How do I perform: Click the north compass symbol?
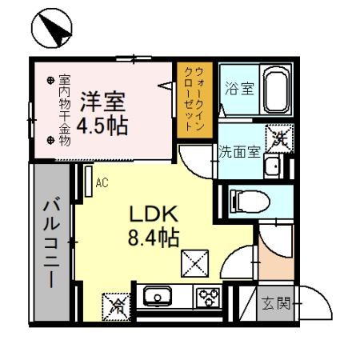[52, 28]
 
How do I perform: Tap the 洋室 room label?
[102, 102]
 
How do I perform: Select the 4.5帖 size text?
[102, 126]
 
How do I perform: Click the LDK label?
[154, 214]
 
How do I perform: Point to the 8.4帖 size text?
[154, 238]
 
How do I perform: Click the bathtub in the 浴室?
[277, 90]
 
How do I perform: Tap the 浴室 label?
[239, 88]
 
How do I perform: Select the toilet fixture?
[250, 202]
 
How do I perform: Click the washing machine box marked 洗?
[279, 138]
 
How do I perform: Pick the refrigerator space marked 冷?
[116, 306]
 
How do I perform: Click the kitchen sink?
[158, 296]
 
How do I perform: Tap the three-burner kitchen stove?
[208, 297]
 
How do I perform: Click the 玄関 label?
[276, 303]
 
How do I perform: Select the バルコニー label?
[51, 242]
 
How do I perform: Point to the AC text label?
[102, 183]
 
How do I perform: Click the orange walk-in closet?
[194, 100]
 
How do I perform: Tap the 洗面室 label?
[239, 151]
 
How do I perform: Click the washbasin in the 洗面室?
[274, 166]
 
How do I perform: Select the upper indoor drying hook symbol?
[50, 80]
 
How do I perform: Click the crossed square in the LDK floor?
[195, 263]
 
